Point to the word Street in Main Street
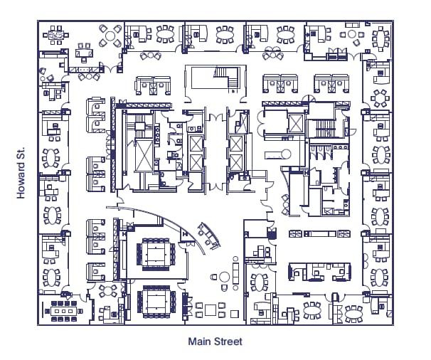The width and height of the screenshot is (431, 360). pyautogui.click(x=228, y=342)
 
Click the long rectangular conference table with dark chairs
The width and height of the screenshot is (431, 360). pyautogui.click(x=63, y=310)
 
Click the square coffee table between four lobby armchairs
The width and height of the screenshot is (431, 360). pyautogui.click(x=211, y=310)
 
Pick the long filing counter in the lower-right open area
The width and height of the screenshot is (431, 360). pyautogui.click(x=321, y=233)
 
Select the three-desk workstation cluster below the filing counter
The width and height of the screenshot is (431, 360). pyautogui.click(x=320, y=271)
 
